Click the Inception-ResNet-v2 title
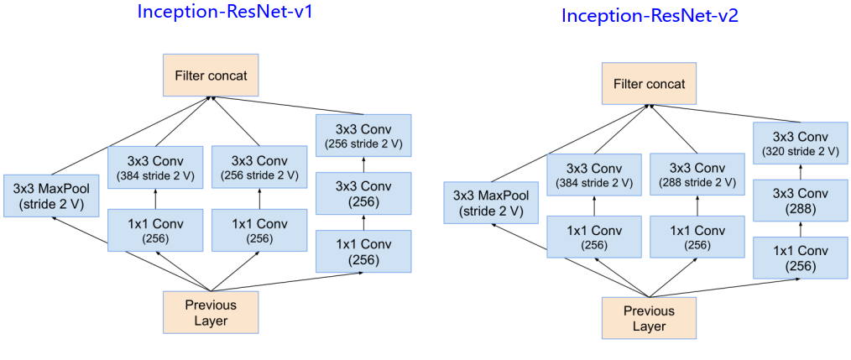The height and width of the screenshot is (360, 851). (x=650, y=16)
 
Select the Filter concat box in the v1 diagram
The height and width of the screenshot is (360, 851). (x=211, y=76)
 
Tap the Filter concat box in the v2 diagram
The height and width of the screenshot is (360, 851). (x=649, y=84)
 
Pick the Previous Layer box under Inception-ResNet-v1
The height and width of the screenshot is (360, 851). (x=211, y=313)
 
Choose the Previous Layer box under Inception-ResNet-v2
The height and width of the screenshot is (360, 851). (x=649, y=318)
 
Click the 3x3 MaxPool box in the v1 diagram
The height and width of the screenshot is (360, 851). (x=51, y=195)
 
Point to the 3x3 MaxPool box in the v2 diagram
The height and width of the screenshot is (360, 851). (x=491, y=204)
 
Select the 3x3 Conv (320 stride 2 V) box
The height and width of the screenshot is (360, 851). (x=800, y=143)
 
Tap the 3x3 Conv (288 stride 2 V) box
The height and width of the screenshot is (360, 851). (x=697, y=175)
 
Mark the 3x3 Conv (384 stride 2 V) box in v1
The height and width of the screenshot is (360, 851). (x=155, y=167)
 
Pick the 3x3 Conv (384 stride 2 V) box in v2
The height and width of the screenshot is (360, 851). (x=593, y=175)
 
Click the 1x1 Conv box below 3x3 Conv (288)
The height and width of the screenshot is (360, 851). (x=800, y=258)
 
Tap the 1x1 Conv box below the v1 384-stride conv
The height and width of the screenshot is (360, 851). (x=155, y=229)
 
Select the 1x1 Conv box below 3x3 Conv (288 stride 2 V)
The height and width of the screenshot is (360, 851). (x=697, y=236)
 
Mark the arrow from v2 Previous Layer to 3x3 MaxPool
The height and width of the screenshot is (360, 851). (x=571, y=263)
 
